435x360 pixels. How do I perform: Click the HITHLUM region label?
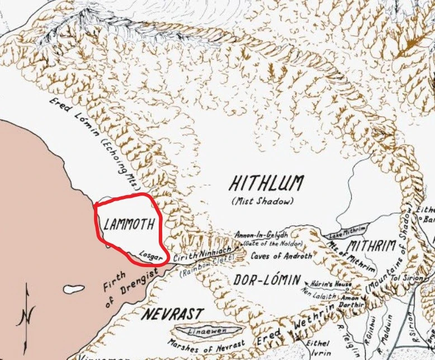coord(267,183)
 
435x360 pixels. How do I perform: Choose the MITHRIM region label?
coord(371,245)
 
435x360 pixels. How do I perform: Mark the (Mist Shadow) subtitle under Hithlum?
coord(264,200)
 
